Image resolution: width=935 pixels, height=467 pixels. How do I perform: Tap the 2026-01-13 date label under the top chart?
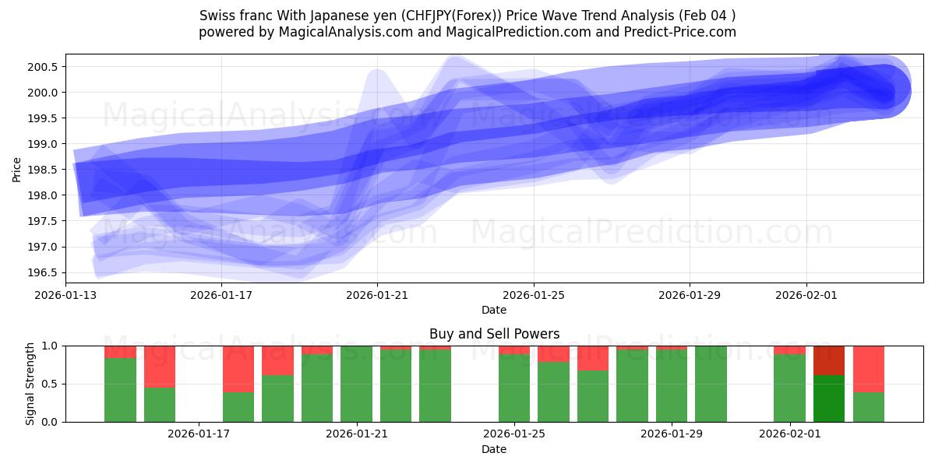[x=65, y=295]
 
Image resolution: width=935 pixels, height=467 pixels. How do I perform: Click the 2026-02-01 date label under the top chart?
[x=806, y=295]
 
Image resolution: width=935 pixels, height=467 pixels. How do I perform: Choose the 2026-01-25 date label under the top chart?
[x=534, y=295]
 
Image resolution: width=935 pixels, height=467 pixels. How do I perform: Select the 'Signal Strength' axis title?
[x=30, y=384]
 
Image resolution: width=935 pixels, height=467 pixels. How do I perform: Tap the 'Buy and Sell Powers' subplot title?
[x=494, y=334]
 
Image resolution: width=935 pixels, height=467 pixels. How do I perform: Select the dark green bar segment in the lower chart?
[x=829, y=399]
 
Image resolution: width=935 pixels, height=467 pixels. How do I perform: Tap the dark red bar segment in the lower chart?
[x=829, y=360]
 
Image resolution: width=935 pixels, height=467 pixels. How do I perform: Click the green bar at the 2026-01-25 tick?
[x=514, y=388]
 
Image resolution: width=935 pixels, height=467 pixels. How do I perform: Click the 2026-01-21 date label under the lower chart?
[x=357, y=434]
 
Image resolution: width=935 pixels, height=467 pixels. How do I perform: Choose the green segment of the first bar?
[x=120, y=389]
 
